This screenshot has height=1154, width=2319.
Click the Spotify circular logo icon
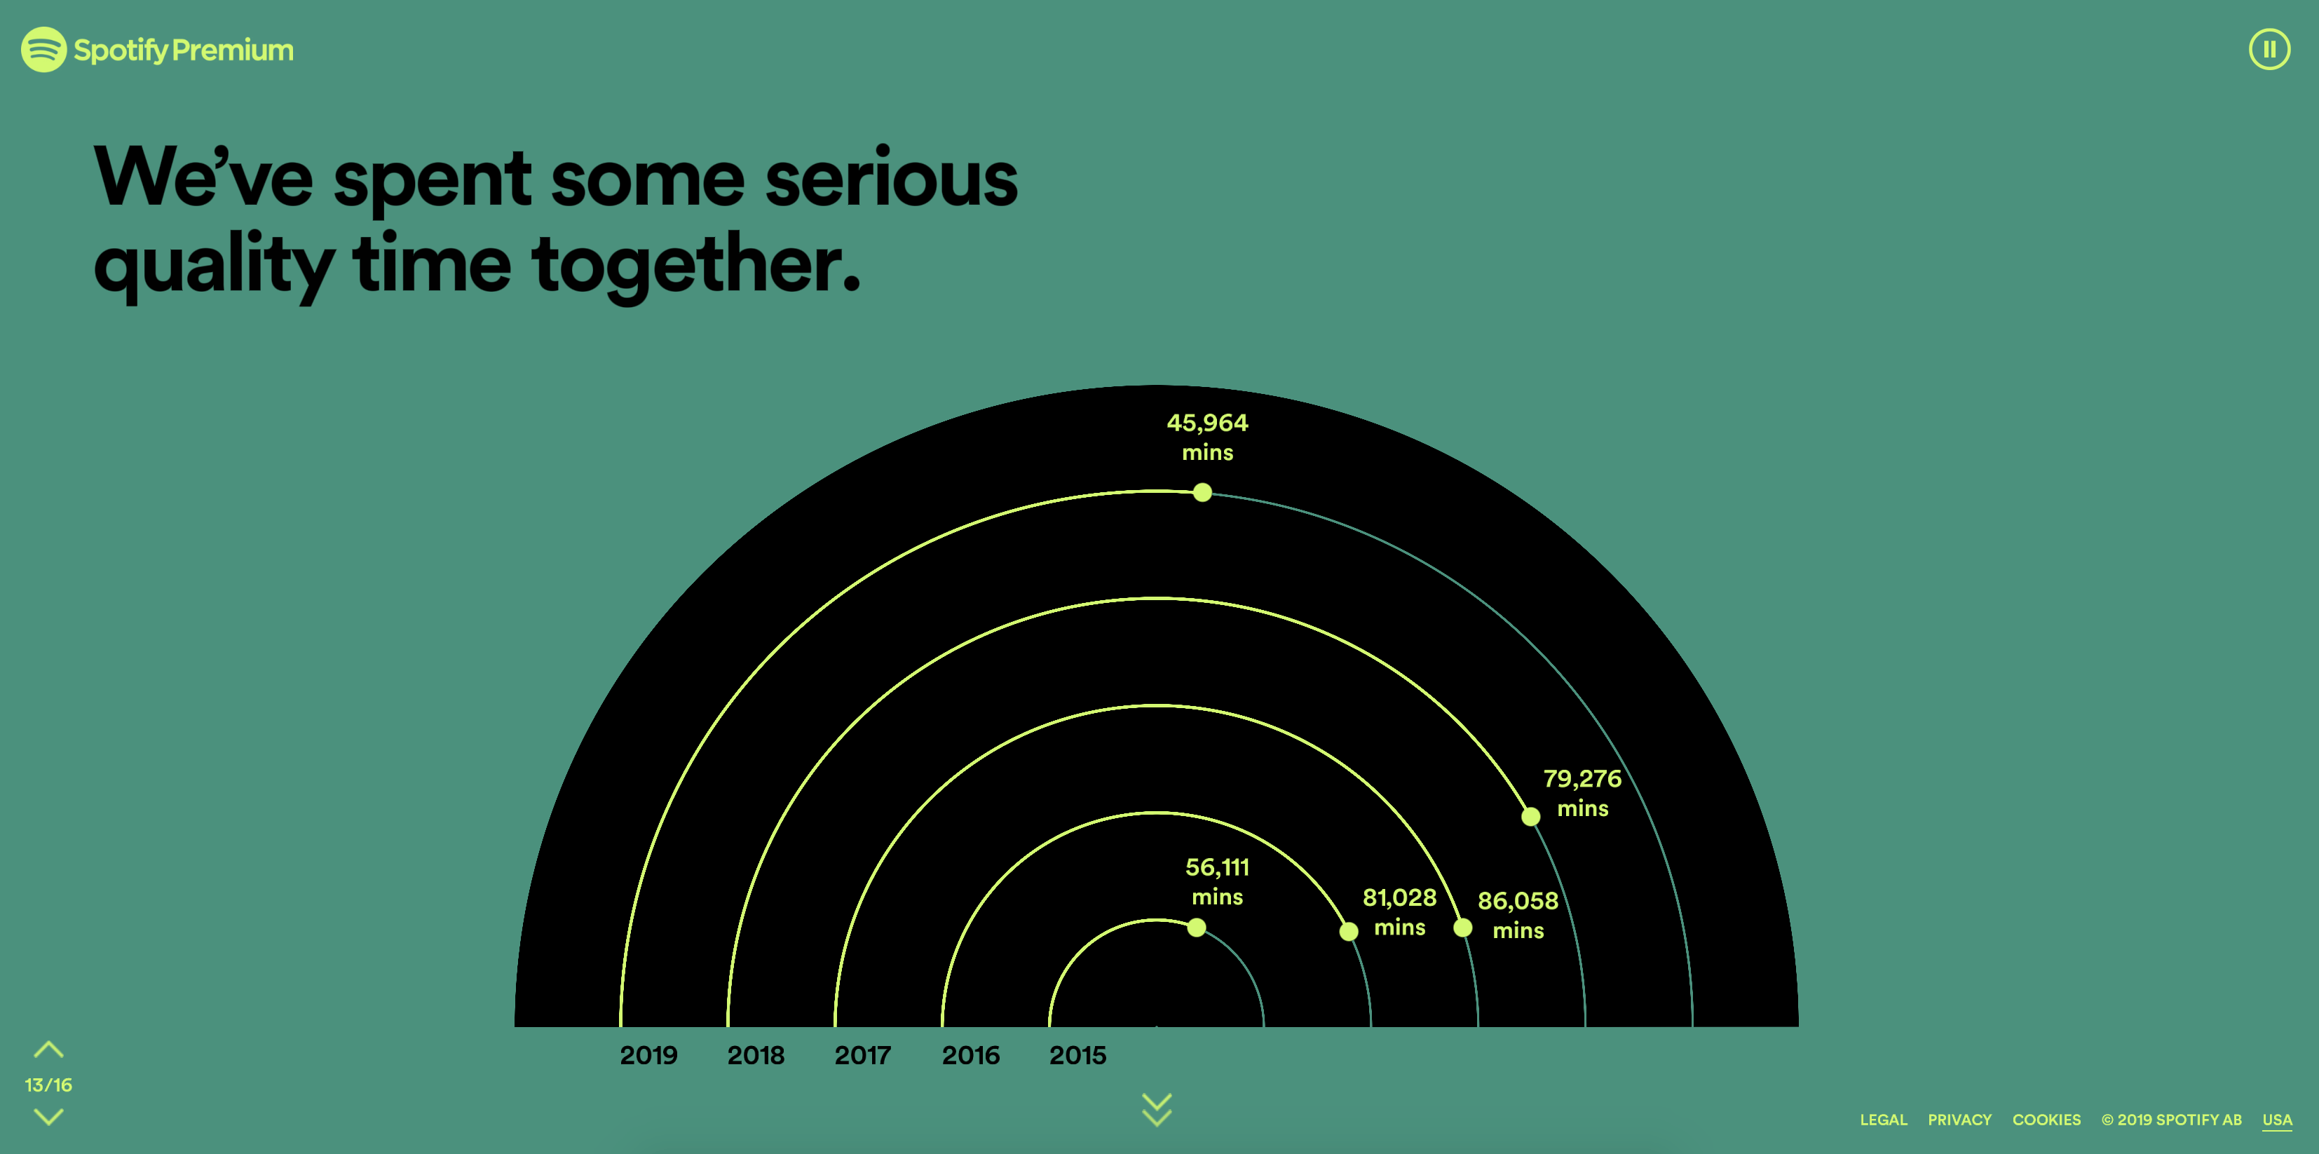(43, 50)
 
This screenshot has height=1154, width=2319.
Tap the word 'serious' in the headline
(891, 178)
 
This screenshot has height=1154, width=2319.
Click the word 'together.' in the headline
(698, 266)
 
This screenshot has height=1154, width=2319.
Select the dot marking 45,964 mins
(1202, 492)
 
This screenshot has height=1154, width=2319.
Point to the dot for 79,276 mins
(1530, 817)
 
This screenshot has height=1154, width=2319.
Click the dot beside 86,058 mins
(1463, 927)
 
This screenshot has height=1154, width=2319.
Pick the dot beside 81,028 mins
(1349, 931)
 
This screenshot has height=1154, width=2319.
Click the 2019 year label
(648, 1055)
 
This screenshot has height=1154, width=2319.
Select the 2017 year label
(862, 1055)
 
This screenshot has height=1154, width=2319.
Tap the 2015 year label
(1077, 1055)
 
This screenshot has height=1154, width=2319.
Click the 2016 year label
(970, 1055)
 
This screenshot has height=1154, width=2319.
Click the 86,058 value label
(1518, 900)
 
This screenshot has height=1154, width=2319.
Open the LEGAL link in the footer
(1883, 1120)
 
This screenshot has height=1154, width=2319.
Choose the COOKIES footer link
(2046, 1120)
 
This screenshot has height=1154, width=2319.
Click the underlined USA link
(2277, 1120)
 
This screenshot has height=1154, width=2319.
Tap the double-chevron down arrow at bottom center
(1157, 1110)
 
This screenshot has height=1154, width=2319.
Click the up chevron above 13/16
(48, 1050)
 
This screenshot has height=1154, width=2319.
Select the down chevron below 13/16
(48, 1117)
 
